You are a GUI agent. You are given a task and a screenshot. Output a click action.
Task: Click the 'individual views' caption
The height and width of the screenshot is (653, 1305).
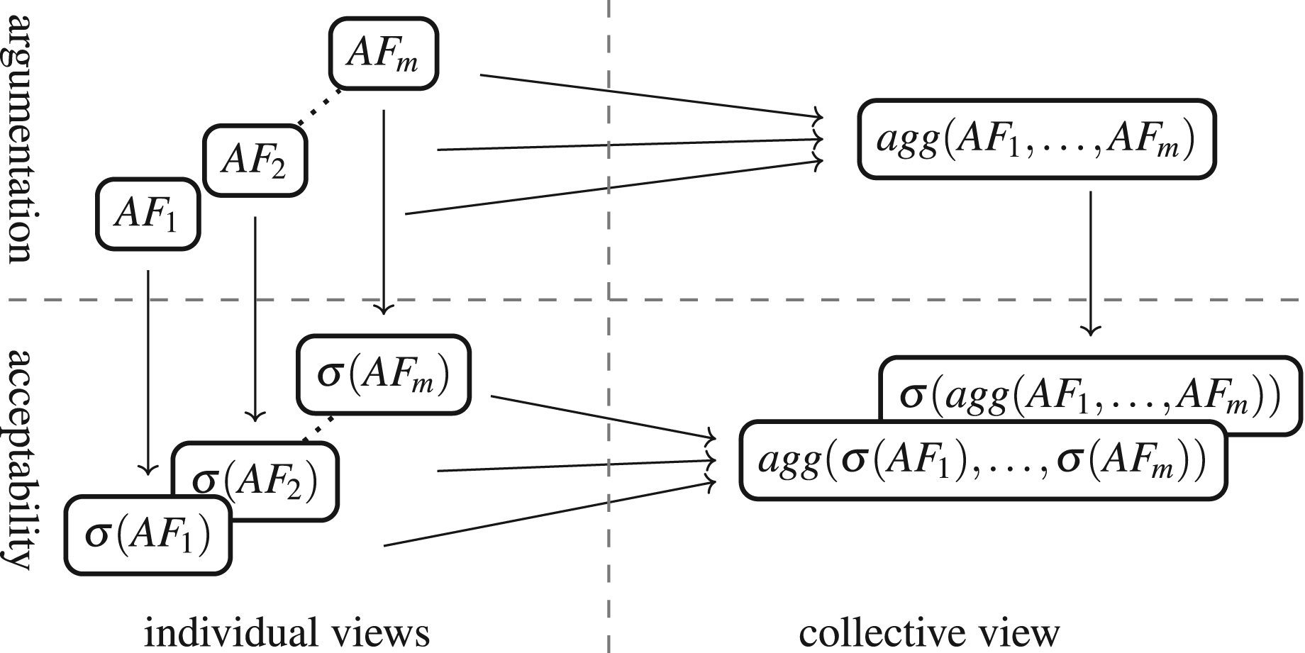point(287,632)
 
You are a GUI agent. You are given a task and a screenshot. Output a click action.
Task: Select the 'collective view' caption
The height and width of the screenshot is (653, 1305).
point(929,632)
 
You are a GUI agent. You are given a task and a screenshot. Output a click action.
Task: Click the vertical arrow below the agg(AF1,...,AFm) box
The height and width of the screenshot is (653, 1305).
point(1090,263)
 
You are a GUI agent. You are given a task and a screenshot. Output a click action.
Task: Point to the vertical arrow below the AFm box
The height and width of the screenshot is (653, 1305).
point(384,211)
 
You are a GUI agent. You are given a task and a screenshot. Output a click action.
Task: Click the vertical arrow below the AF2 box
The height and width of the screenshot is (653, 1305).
point(255,318)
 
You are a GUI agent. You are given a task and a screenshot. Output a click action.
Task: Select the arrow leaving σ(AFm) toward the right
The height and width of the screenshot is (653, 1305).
point(603,416)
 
